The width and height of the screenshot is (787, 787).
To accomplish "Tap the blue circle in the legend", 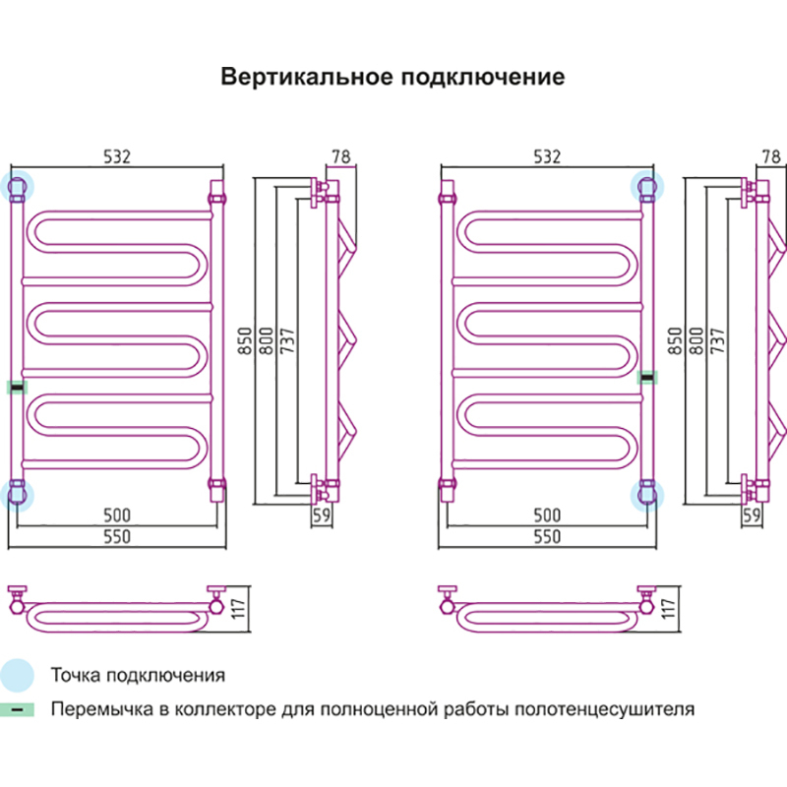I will (17, 675).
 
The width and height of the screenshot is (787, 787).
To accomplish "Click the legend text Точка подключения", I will (138, 676).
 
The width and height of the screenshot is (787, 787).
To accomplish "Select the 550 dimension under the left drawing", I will (116, 536).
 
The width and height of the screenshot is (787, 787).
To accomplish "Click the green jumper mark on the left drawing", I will (17, 387).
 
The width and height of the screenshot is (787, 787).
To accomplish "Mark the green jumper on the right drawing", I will (646, 376).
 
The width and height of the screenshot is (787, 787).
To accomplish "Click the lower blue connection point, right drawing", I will (646, 493).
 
